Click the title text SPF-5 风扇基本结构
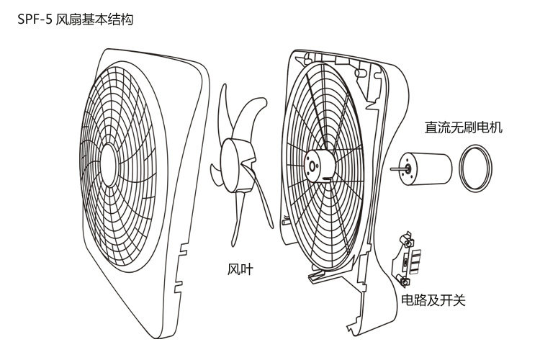(x=76, y=19)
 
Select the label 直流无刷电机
(x=463, y=128)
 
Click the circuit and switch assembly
(x=411, y=256)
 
